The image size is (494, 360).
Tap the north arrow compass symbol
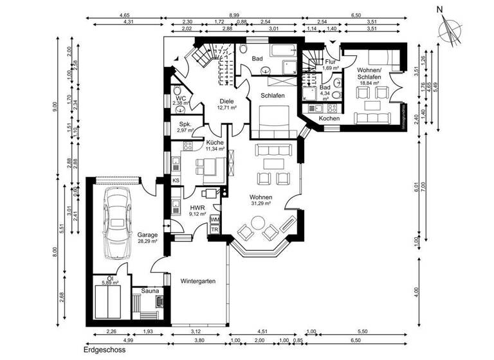pos(448,29)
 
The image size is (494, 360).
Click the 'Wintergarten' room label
pos(198,282)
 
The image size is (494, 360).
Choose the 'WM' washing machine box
pos(215,219)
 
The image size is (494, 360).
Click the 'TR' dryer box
pos(215,230)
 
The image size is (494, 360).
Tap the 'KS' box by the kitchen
pos(176,181)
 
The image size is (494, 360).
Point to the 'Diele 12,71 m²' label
pos(226,104)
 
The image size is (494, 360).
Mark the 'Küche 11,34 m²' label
pos(215,145)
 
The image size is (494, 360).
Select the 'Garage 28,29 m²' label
pos(147,239)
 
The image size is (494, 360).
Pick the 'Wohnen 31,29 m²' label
pos(261,200)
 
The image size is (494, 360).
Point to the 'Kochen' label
pos(329,119)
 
